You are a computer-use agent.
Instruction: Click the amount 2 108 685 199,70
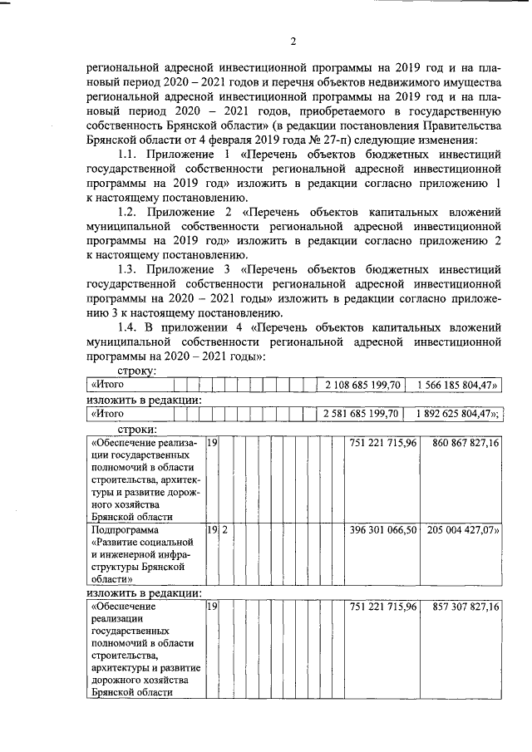363,385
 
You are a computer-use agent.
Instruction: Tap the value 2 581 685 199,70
363,413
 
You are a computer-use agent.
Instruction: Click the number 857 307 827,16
465,607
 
